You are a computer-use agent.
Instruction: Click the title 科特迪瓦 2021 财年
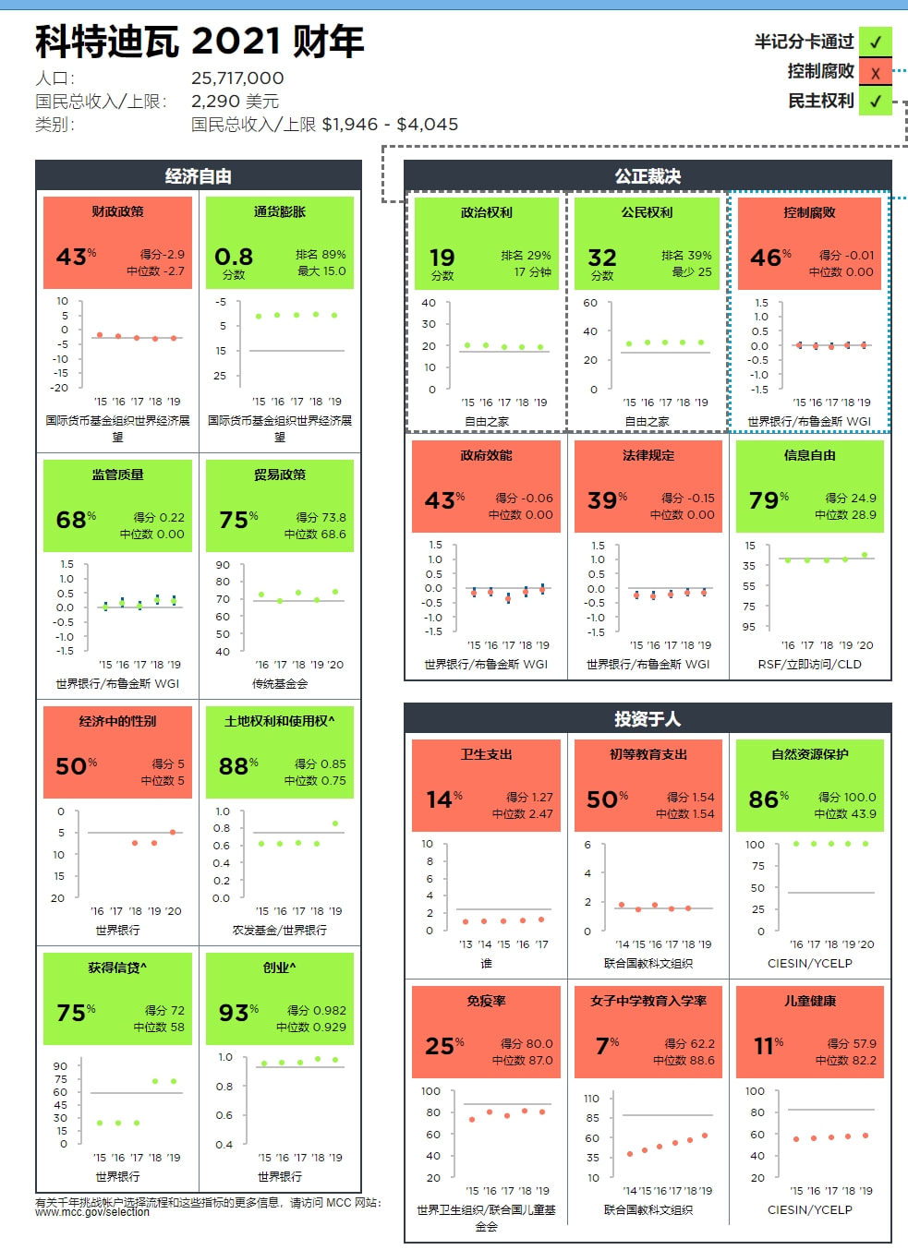point(200,42)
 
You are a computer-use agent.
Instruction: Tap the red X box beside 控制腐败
point(875,72)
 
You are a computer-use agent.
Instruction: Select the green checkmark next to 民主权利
point(875,102)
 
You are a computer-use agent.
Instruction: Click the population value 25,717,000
point(237,78)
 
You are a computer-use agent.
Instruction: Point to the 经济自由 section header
point(198,176)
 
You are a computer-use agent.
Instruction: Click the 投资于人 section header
point(648,719)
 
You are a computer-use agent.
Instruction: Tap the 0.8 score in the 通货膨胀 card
point(233,257)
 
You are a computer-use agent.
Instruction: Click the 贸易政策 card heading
point(279,475)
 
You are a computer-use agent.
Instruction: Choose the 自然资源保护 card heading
point(809,754)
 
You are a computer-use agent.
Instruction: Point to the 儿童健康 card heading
point(809,1001)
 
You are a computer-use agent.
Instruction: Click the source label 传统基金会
point(279,684)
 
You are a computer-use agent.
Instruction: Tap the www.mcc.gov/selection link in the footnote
point(92,1212)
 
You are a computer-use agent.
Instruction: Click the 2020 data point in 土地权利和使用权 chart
point(335,823)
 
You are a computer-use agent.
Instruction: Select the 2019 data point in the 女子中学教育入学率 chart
point(705,1136)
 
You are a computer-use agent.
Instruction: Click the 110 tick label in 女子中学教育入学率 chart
point(592,1099)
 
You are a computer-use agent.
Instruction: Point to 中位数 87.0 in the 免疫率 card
point(522,1061)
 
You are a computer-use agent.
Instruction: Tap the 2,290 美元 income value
point(235,102)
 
